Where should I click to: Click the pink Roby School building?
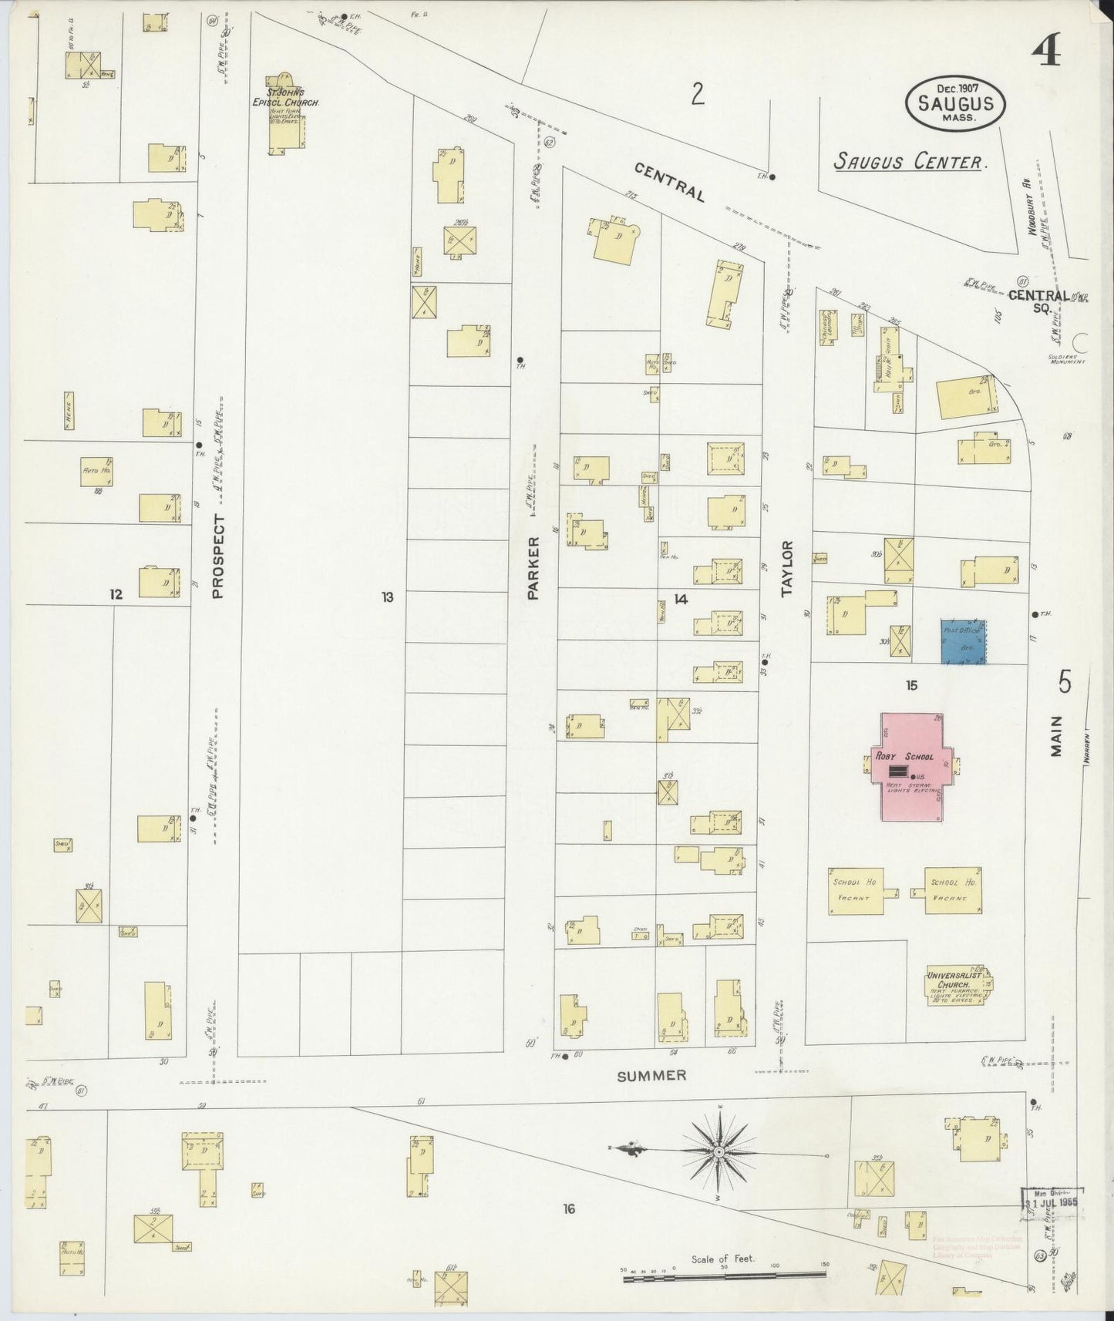click(x=912, y=767)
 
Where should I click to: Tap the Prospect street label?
click(x=218, y=556)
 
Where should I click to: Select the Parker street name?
click(x=532, y=573)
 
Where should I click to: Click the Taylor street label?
click(x=787, y=569)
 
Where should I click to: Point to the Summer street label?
click(x=651, y=1075)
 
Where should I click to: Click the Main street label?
click(x=1056, y=736)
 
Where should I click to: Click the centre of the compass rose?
click(x=719, y=1151)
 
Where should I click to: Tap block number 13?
click(x=387, y=597)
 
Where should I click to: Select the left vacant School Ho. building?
click(x=856, y=891)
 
